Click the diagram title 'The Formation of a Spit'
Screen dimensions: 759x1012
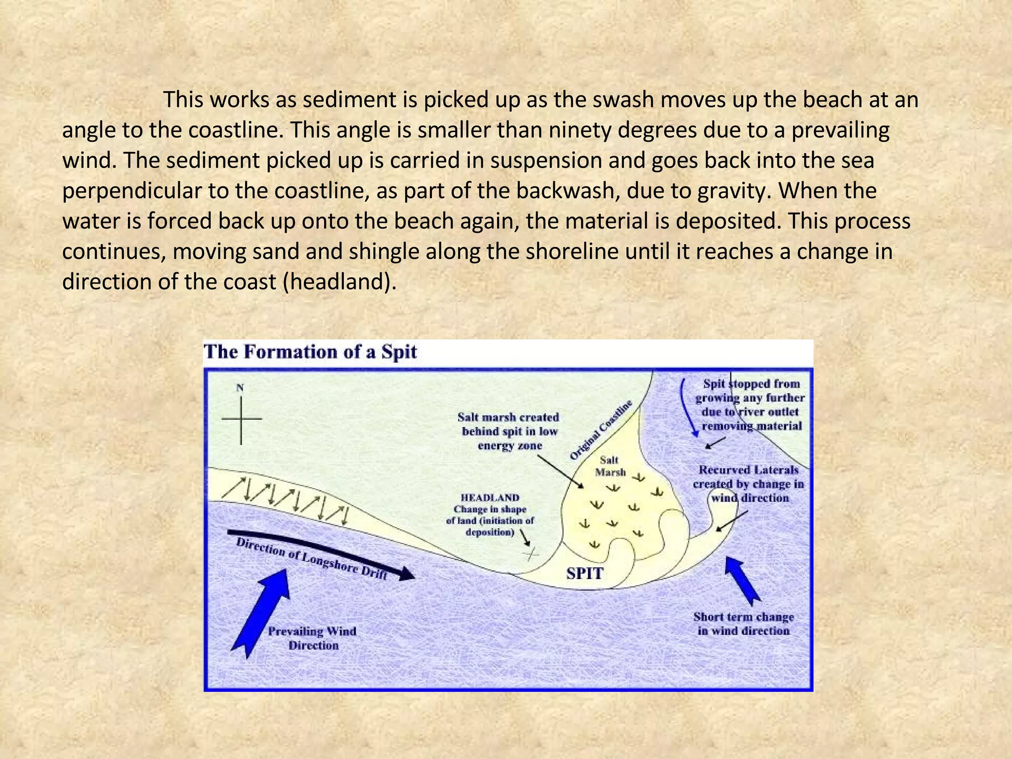pyautogui.click(x=310, y=352)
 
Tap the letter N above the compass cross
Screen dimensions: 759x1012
pyautogui.click(x=240, y=388)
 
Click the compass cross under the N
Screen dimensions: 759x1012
pyautogui.click(x=241, y=419)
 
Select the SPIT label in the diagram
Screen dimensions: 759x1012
pyautogui.click(x=585, y=574)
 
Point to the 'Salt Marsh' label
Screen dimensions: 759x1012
pyautogui.click(x=610, y=466)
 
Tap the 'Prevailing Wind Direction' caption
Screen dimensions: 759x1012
pyautogui.click(x=313, y=638)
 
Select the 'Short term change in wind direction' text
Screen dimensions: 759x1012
pyautogui.click(x=744, y=624)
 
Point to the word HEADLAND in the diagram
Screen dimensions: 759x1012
pyautogui.click(x=490, y=498)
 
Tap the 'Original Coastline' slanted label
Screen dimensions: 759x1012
pyautogui.click(x=601, y=430)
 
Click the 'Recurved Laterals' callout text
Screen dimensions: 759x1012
pyautogui.click(x=748, y=484)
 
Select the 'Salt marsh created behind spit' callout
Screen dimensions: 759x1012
pyautogui.click(x=509, y=431)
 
